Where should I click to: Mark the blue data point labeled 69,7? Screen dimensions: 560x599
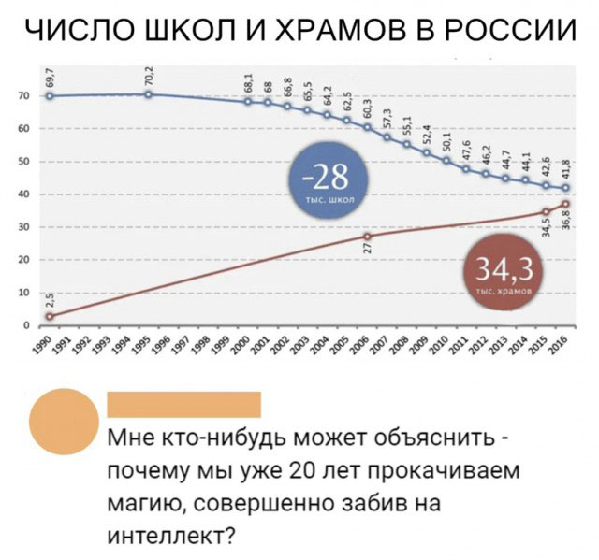click(x=50, y=96)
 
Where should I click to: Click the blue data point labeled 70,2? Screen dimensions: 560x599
click(x=149, y=94)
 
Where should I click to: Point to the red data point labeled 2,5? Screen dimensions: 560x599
click(x=50, y=316)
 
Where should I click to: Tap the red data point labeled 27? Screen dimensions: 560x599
click(x=367, y=237)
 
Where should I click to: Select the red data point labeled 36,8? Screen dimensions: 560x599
click(x=565, y=205)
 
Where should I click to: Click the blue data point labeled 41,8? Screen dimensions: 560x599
click(x=565, y=189)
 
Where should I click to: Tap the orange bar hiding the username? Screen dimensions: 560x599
click(x=184, y=404)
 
